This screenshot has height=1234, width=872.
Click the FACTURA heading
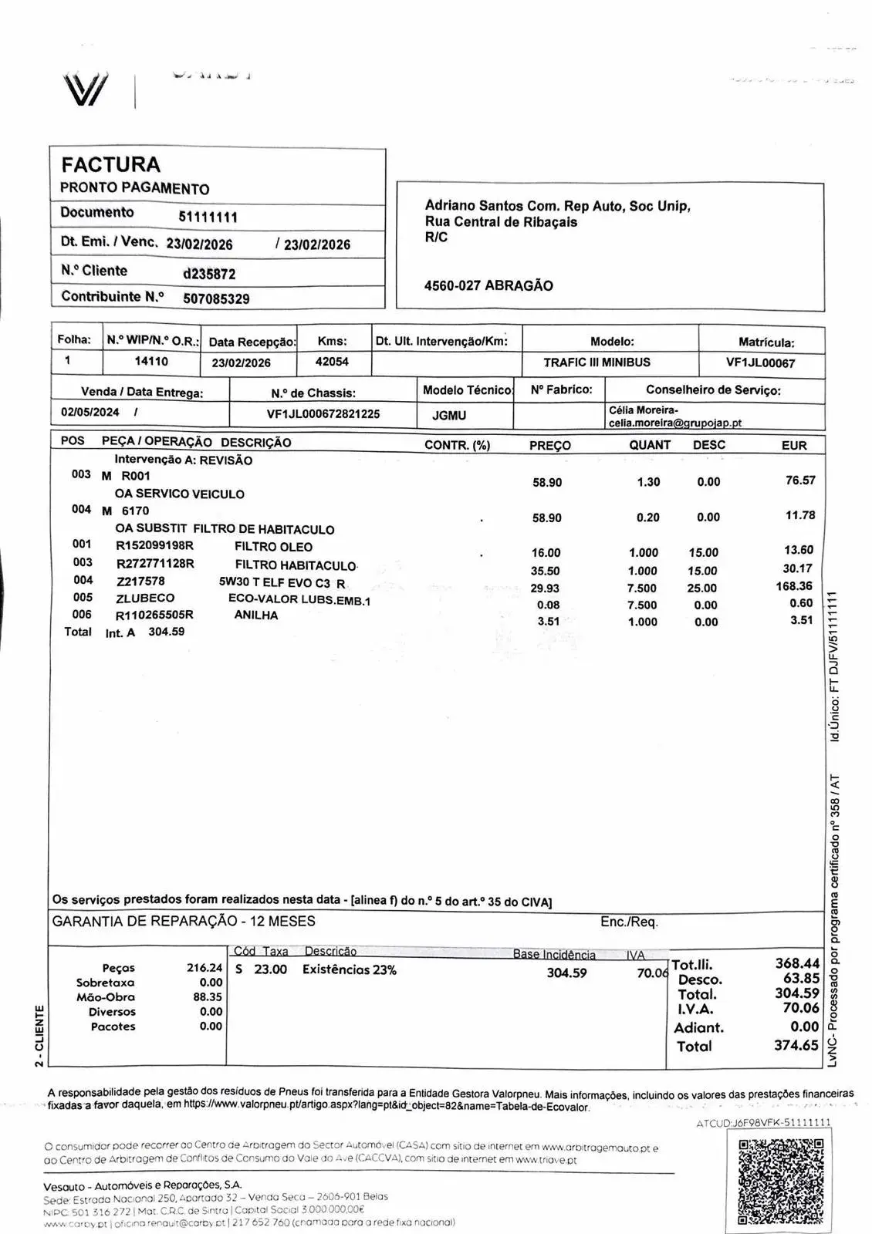110,164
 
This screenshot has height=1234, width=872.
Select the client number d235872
209,274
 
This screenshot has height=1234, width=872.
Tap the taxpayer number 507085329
216,298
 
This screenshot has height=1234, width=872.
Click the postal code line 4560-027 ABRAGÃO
488,285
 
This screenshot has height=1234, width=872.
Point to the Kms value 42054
332,362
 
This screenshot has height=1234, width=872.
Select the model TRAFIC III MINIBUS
597,362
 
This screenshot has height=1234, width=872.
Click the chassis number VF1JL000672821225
323,414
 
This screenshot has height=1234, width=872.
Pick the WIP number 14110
151,361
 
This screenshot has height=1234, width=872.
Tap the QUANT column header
650,445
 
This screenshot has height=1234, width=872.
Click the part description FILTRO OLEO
273,547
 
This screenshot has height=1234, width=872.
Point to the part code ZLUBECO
145,598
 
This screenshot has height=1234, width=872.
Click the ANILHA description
256,615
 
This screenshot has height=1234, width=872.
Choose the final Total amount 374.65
796,1045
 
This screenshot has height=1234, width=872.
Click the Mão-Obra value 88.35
207,997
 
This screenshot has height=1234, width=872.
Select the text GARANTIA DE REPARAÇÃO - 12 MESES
184,921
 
